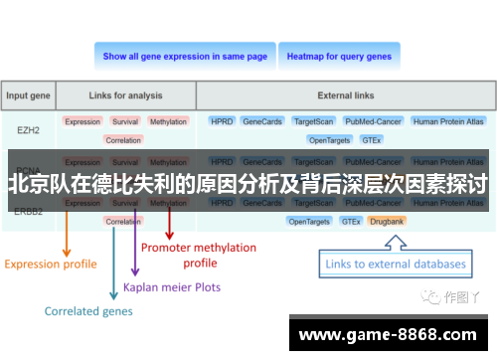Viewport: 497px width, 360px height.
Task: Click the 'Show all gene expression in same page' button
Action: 185,57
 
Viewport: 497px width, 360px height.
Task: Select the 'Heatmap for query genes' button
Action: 338,57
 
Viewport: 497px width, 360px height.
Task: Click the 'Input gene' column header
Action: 29,96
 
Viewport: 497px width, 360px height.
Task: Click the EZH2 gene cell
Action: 29,129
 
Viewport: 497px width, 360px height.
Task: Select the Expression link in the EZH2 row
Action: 83,121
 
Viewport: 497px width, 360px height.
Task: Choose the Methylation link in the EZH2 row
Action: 168,121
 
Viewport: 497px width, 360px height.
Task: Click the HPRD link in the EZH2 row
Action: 221,121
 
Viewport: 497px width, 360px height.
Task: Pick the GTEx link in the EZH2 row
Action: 370,140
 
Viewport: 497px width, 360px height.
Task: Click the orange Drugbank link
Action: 387,221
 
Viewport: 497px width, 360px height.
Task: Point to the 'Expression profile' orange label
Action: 51,264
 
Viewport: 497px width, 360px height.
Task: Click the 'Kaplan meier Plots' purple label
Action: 172,287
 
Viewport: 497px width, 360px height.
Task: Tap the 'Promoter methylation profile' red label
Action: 199,255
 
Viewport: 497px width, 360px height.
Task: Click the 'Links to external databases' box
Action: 395,265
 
